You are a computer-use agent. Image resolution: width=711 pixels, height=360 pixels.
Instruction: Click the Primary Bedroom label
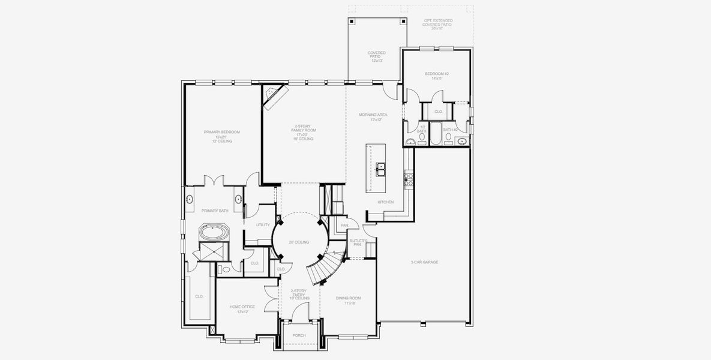pyautogui.click(x=221, y=136)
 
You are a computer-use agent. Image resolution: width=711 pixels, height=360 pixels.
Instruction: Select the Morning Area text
pyautogui.click(x=373, y=117)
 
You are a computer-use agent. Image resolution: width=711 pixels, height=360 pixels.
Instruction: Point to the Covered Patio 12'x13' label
pyautogui.click(x=376, y=56)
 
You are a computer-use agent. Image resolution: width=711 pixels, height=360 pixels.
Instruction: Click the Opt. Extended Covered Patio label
pyautogui.click(x=438, y=24)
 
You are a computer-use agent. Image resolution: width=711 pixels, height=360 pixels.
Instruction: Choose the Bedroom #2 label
pyautogui.click(x=437, y=76)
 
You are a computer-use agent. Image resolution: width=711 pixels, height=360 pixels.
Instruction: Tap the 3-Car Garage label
pyautogui.click(x=424, y=262)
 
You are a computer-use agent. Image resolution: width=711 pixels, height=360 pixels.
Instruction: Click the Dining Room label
pyautogui.click(x=346, y=301)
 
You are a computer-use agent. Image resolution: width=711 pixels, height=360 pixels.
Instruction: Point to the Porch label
pyautogui.click(x=299, y=335)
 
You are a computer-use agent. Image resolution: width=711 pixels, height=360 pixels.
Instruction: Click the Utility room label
pyautogui.click(x=263, y=225)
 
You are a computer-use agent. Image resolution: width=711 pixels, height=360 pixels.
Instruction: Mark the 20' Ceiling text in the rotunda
pyautogui.click(x=299, y=242)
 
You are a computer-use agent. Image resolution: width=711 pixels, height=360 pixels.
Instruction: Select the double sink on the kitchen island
pyautogui.click(x=380, y=170)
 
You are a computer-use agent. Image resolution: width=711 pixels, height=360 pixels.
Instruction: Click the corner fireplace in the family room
pyautogui.click(x=275, y=97)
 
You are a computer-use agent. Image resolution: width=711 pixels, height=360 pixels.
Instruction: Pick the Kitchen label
pyautogui.click(x=386, y=202)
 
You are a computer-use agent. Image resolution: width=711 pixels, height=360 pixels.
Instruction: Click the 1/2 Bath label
pyautogui.click(x=422, y=128)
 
